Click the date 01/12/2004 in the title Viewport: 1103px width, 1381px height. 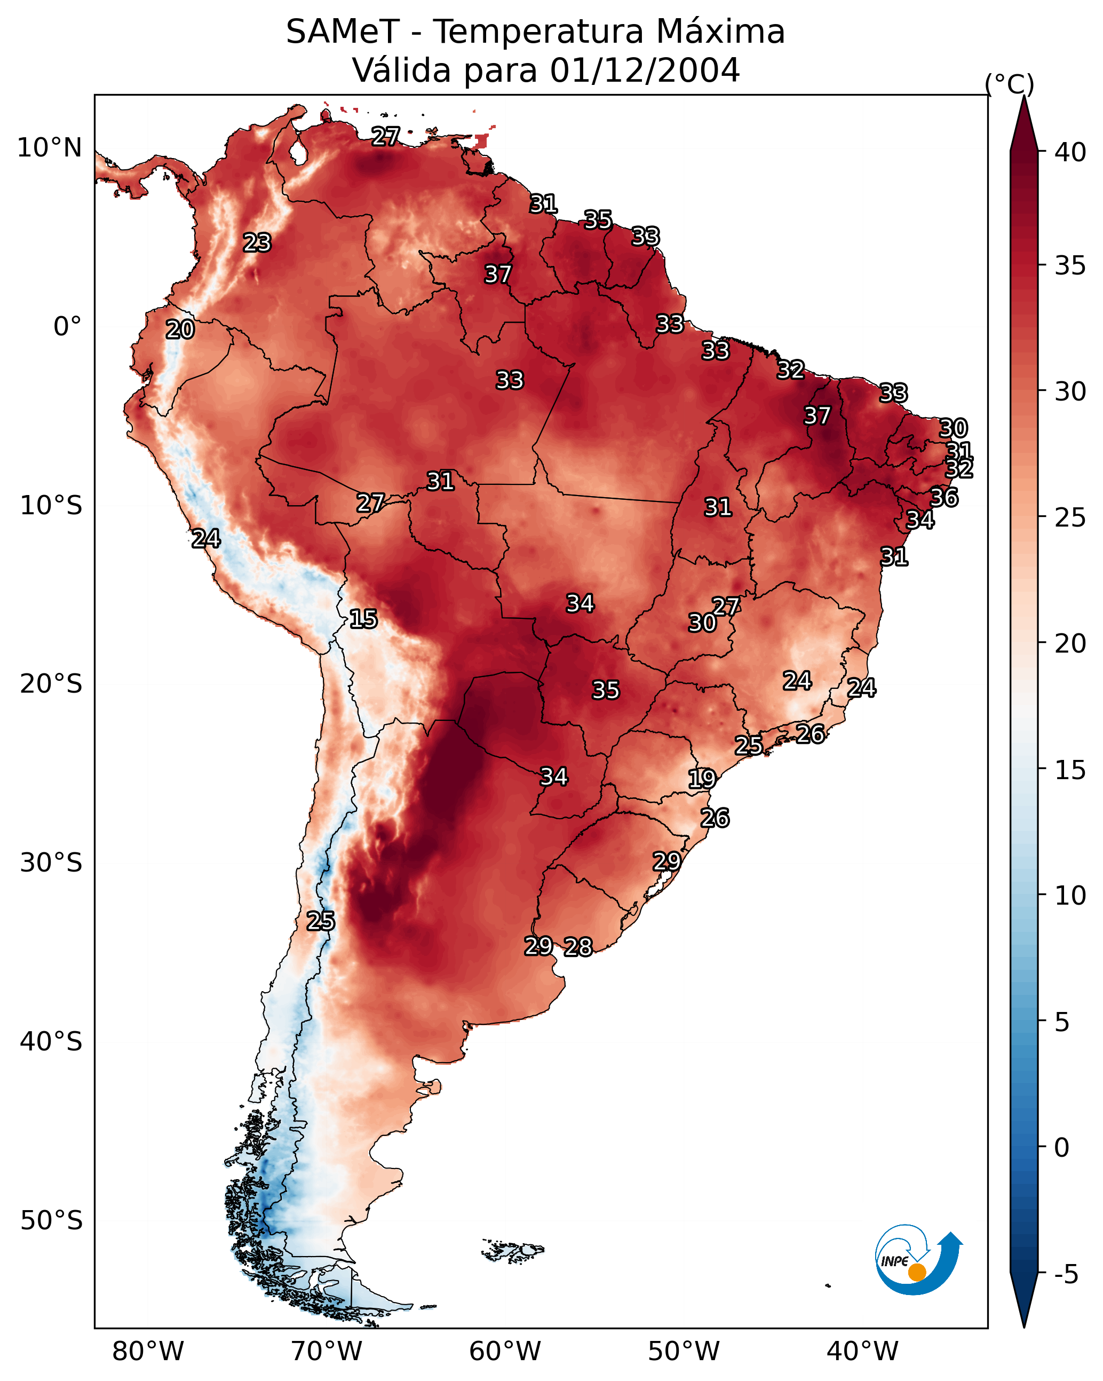[x=645, y=70]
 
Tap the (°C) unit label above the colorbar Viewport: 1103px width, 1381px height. [x=1009, y=84]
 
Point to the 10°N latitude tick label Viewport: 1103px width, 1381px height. [x=49, y=148]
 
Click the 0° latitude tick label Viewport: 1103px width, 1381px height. [x=67, y=327]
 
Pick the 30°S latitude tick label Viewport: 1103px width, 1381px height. [x=51, y=863]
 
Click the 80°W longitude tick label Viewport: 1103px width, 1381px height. [x=148, y=1351]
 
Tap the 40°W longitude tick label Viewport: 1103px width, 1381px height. [x=862, y=1351]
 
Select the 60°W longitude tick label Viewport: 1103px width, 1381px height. [x=505, y=1351]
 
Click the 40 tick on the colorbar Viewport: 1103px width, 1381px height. [x=1070, y=152]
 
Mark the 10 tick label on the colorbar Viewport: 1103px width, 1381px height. [x=1070, y=896]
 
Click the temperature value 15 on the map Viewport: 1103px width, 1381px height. [x=363, y=619]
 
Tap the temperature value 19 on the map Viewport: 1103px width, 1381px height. [x=702, y=779]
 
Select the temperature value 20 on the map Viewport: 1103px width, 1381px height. [x=180, y=329]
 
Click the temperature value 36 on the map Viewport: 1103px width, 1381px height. [x=943, y=497]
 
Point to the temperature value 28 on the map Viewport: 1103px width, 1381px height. [x=578, y=947]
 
